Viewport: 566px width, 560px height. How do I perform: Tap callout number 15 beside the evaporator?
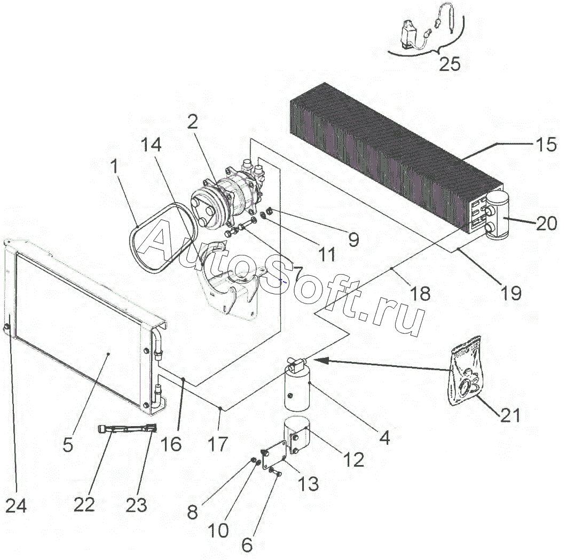pos(546,145)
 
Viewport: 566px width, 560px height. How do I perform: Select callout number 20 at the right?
pos(546,223)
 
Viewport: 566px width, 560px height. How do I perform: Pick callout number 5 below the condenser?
pos(68,444)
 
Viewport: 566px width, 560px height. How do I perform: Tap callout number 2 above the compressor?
pos(192,122)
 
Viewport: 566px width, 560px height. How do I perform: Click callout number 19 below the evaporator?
pos(511,292)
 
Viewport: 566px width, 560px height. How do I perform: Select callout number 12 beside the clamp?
pos(353,459)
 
